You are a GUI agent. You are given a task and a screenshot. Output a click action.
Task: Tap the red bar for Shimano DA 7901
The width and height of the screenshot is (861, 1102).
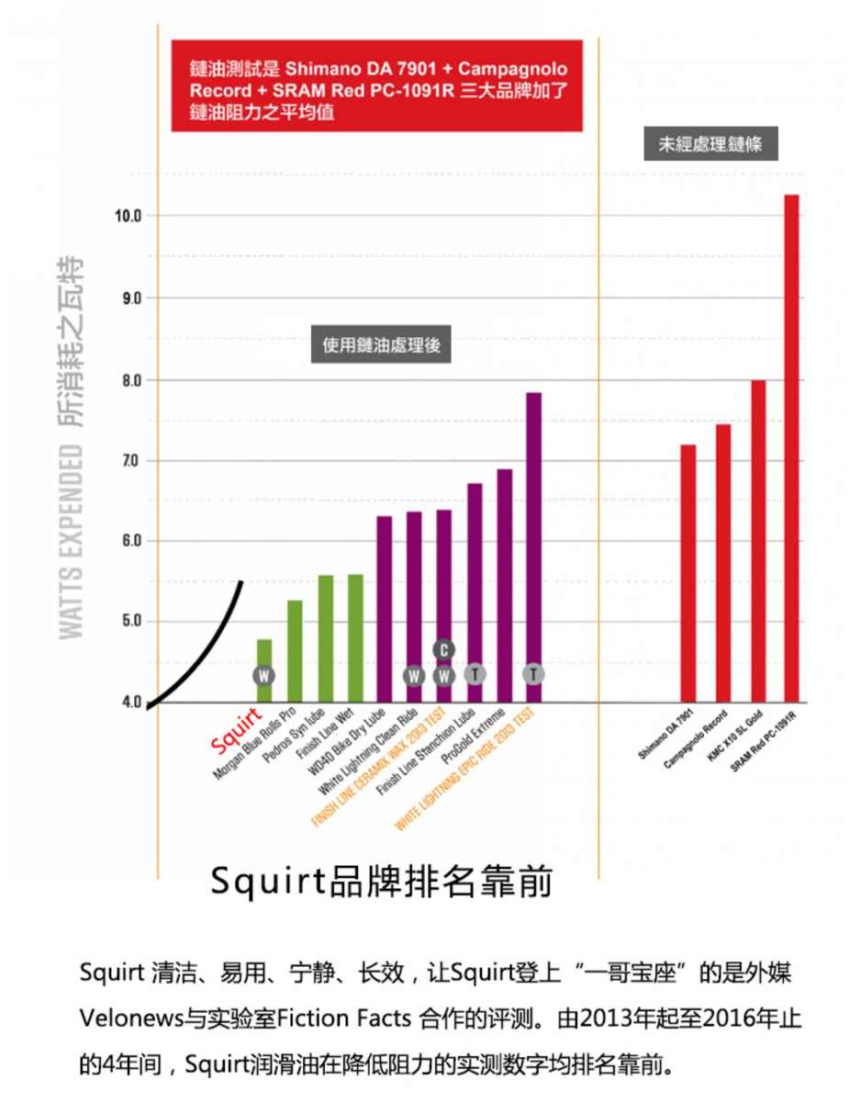click(688, 573)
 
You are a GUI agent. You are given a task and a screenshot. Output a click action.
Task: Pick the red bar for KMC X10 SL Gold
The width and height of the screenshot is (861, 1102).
click(758, 541)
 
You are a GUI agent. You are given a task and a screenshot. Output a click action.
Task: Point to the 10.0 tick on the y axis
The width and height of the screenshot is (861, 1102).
click(126, 216)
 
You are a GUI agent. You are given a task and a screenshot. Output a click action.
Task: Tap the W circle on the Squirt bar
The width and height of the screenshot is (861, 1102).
click(264, 676)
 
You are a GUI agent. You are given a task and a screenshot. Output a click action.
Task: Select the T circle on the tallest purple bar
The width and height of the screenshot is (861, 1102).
click(533, 674)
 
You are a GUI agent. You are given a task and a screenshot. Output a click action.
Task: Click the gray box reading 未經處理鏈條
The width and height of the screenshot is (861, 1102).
click(710, 144)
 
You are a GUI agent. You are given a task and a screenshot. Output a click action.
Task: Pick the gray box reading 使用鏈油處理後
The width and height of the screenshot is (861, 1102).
click(382, 345)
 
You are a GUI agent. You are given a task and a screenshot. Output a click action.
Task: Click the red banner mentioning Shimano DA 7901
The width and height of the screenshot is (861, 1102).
click(377, 85)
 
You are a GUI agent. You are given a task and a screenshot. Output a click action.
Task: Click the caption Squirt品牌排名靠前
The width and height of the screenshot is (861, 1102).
click(381, 881)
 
